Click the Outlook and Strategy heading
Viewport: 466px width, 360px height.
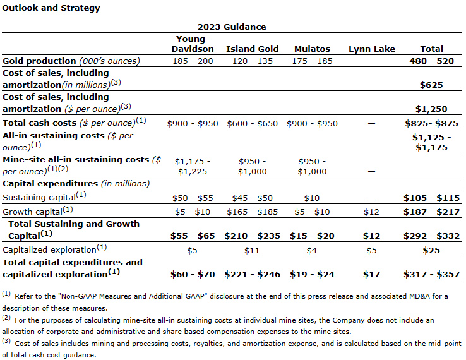point(51,9)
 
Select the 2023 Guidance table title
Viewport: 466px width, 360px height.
point(232,27)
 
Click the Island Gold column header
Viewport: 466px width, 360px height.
point(251,49)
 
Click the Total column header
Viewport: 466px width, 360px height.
point(432,49)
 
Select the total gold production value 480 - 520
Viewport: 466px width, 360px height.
point(432,61)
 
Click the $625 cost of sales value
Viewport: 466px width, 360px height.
point(432,85)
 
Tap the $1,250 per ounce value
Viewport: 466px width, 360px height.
point(432,109)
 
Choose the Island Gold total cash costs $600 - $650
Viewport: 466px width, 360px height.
point(251,123)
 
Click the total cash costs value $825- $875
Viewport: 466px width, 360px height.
point(432,123)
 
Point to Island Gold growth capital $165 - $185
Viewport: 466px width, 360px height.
point(251,211)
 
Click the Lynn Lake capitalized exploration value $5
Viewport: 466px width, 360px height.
point(371,249)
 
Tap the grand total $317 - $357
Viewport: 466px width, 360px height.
point(432,274)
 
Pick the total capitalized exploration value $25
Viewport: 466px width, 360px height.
point(432,249)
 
